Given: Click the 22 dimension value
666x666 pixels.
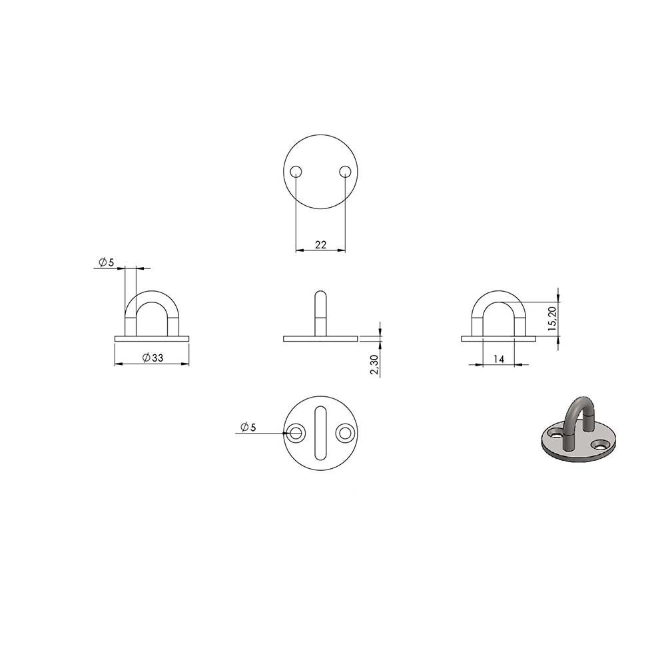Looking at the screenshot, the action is (321, 244).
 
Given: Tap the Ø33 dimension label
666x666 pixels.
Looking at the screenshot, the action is (153, 358).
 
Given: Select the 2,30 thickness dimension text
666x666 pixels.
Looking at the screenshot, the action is (374, 365).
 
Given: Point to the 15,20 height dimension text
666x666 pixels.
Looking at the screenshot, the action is (551, 318).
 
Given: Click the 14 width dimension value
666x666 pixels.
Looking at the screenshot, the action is (499, 360).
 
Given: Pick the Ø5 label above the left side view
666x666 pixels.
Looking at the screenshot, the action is (107, 262).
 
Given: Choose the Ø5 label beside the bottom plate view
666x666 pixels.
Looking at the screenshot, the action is (248, 428).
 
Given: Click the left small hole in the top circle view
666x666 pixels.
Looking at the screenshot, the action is (296, 172).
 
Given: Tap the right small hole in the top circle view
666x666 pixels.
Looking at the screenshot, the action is (345, 172).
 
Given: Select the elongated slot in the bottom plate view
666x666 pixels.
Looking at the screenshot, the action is (321, 433).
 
